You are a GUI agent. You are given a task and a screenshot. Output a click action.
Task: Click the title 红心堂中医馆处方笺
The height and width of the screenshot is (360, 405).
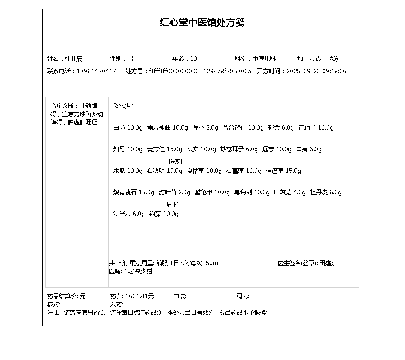[202, 22]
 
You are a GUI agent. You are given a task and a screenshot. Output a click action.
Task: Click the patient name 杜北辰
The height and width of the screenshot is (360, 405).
[74, 58]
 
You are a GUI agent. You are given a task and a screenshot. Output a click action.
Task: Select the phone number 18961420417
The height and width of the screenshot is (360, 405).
[96, 71]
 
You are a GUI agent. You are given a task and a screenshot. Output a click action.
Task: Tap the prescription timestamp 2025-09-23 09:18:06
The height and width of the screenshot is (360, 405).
[316, 71]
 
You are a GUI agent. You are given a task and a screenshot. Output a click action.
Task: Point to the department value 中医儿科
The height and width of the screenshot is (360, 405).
[264, 58]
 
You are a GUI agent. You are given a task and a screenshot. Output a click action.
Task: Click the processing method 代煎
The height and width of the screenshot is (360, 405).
[333, 58]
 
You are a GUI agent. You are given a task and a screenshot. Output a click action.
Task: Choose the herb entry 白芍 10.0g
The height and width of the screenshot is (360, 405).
[128, 128]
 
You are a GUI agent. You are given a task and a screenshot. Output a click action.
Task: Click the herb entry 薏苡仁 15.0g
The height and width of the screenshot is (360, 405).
[164, 149]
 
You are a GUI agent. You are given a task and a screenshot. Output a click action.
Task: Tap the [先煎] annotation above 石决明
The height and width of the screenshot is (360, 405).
[175, 161]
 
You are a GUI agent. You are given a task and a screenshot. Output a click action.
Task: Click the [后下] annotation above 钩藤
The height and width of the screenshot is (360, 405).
[172, 204]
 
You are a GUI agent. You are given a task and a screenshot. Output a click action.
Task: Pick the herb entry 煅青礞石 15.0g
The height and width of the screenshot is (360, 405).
[133, 193]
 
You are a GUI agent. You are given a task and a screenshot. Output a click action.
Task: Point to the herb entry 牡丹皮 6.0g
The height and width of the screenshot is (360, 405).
[325, 193]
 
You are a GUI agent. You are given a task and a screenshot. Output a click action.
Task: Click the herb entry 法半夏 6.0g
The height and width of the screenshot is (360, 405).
[129, 214]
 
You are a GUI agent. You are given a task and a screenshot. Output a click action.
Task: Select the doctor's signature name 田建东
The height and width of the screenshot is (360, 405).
[328, 263]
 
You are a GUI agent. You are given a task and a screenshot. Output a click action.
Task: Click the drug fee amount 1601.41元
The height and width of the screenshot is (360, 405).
[139, 296]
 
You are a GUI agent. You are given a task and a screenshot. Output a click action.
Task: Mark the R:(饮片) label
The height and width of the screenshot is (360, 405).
[123, 106]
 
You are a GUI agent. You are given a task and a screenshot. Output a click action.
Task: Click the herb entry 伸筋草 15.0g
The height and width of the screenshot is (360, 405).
[283, 171]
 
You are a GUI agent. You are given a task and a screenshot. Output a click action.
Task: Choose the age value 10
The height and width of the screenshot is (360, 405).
[193, 58]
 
